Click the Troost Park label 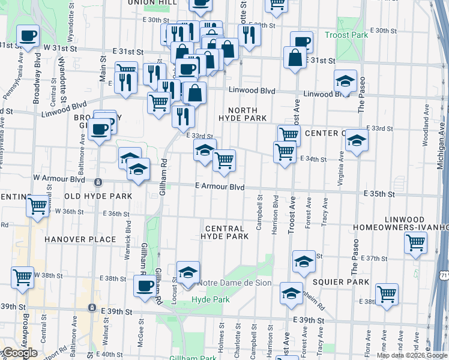click(x=346, y=35)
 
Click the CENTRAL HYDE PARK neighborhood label click(x=226, y=233)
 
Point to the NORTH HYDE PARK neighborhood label click(x=243, y=115)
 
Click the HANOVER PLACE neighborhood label click(x=80, y=239)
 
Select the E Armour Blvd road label click(x=220, y=187)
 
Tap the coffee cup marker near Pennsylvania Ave click(x=28, y=37)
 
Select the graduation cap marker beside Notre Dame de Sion click(x=188, y=272)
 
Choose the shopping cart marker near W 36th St click(x=38, y=206)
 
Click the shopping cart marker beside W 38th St click(x=23, y=278)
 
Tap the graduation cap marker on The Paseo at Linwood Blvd click(x=346, y=81)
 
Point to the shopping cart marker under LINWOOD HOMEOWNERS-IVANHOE click(x=416, y=244)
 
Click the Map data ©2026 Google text click(x=412, y=355)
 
